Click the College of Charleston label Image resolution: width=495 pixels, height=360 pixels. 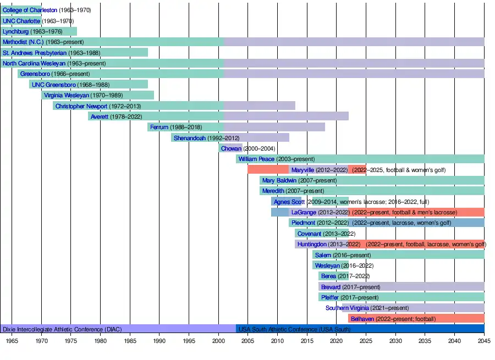pyautogui.click(x=30, y=10)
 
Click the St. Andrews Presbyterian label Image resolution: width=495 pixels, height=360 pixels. pyautogui.click(x=35, y=53)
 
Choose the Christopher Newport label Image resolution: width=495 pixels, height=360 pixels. pyautogui.click(x=81, y=106)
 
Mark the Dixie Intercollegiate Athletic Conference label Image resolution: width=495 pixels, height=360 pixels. pyautogui.click(x=62, y=329)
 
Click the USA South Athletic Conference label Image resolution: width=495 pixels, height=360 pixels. pyautogui.click(x=294, y=329)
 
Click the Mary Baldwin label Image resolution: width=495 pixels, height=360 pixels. pyautogui.click(x=279, y=180)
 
